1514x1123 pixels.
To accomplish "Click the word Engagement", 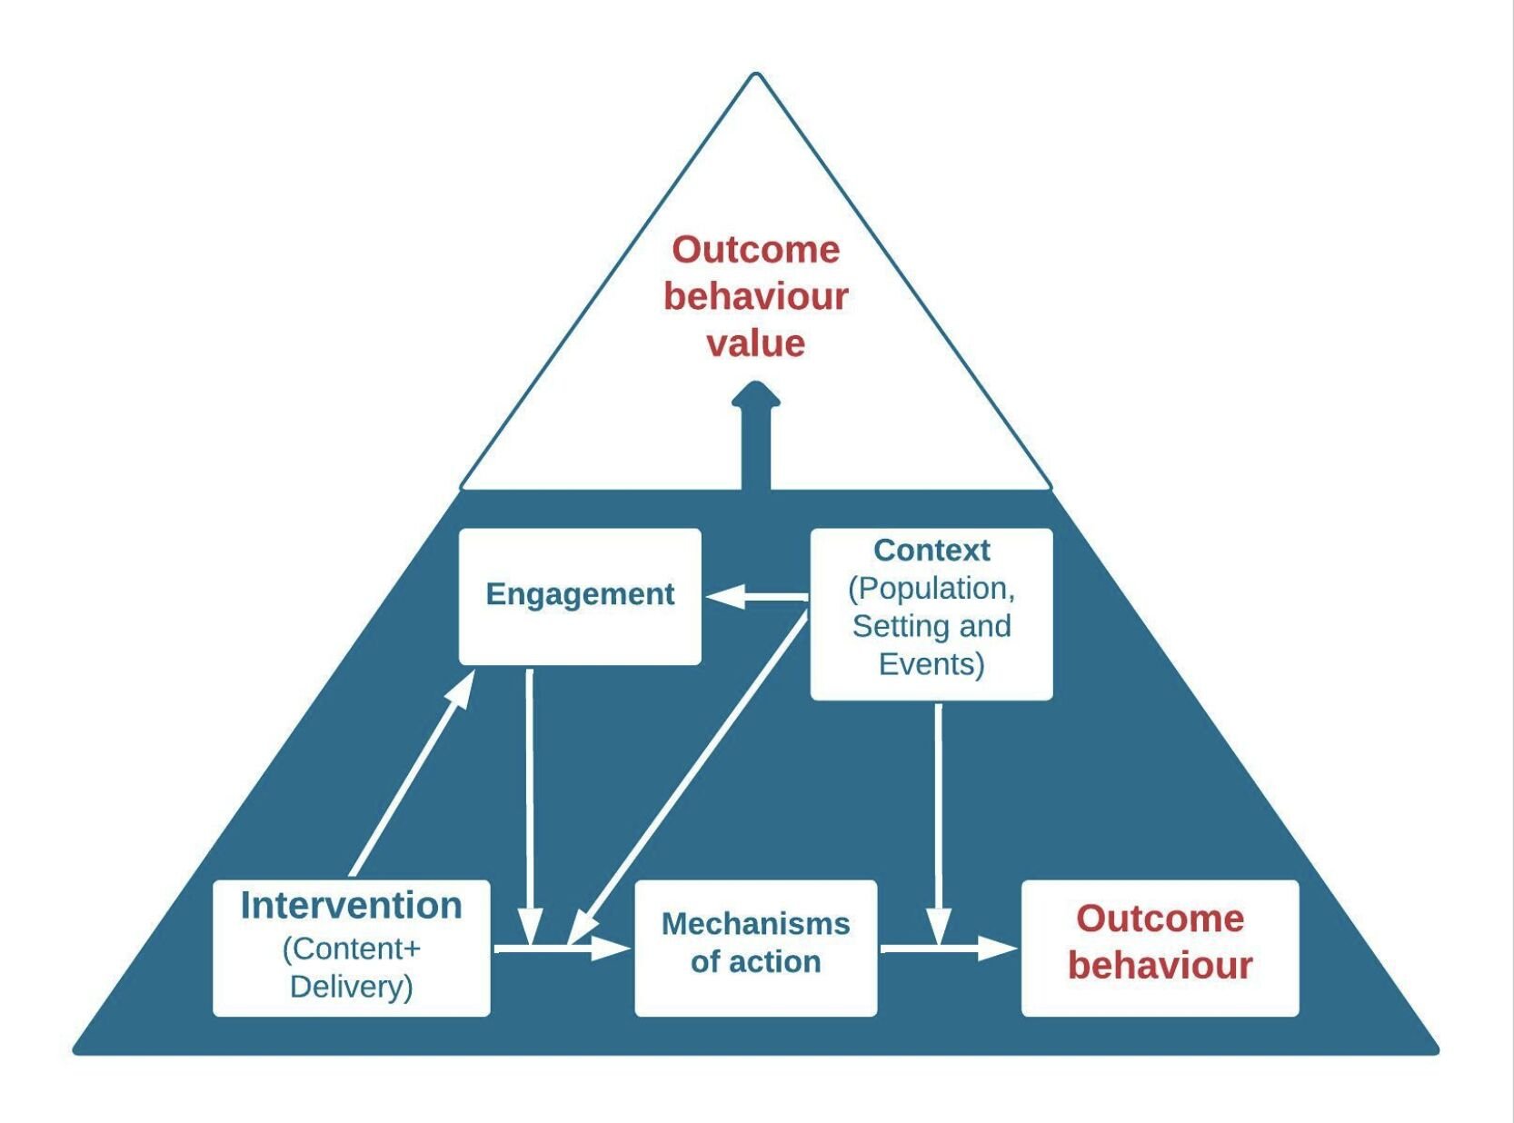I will tap(580, 594).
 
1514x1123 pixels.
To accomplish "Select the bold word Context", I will tap(931, 550).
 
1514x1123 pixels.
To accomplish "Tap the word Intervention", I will tap(352, 905).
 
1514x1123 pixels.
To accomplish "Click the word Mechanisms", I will tap(755, 923).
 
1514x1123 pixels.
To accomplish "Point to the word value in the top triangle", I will tap(755, 343).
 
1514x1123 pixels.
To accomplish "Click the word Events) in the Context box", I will tap(931, 664).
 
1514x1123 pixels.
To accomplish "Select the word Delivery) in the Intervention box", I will tap(352, 987).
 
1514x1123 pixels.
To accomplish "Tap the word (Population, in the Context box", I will tap(931, 589).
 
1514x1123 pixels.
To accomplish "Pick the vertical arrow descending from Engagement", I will tap(529, 800).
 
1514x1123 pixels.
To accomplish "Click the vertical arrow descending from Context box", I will tap(938, 818).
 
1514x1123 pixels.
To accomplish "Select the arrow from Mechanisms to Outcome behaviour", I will tap(950, 949).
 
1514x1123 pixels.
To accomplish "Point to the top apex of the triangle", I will tap(755, 75).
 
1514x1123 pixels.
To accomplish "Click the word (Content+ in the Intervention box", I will tap(352, 949).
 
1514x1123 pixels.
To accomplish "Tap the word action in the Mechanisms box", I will tap(776, 962).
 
